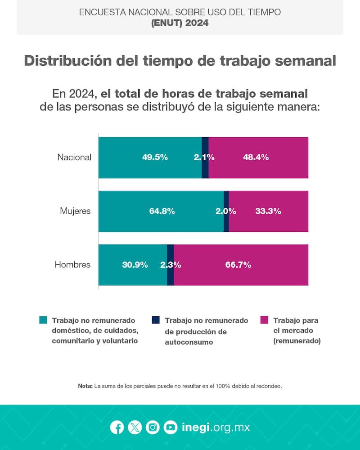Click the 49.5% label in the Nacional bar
[x=155, y=157]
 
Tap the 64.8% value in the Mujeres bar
[x=162, y=211]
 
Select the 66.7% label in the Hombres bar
[x=238, y=265]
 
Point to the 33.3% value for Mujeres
[x=268, y=211]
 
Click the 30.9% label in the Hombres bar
[x=135, y=265]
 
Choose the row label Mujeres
[x=75, y=211]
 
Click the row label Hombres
[x=72, y=265]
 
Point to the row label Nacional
[x=74, y=157]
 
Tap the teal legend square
[x=43, y=320]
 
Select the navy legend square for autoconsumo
[x=156, y=320]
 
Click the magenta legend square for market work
[x=265, y=320]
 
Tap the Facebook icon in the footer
[x=117, y=427]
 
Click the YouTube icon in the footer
[x=170, y=427]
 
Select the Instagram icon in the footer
[x=153, y=427]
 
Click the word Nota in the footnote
[x=85, y=386]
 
